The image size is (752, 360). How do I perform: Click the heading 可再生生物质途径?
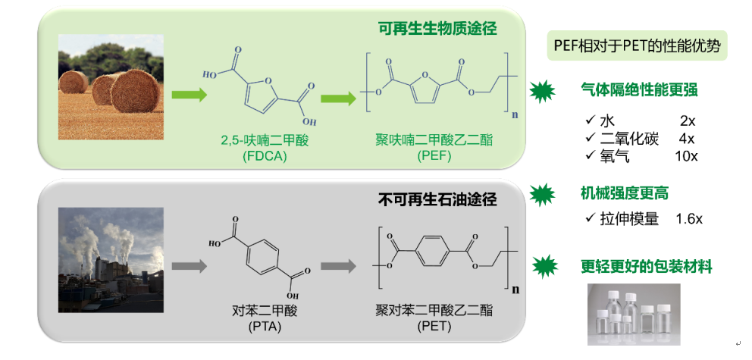click(437, 29)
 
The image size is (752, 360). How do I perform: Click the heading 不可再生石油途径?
click(437, 200)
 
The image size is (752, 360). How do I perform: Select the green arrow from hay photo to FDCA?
click(188, 95)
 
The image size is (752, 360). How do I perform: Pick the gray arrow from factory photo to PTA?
click(188, 266)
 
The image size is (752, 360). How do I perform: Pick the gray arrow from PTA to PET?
click(338, 266)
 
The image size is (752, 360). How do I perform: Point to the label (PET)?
click(434, 327)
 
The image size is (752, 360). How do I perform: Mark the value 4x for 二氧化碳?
click(687, 139)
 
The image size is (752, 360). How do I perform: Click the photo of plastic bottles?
click(634, 315)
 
